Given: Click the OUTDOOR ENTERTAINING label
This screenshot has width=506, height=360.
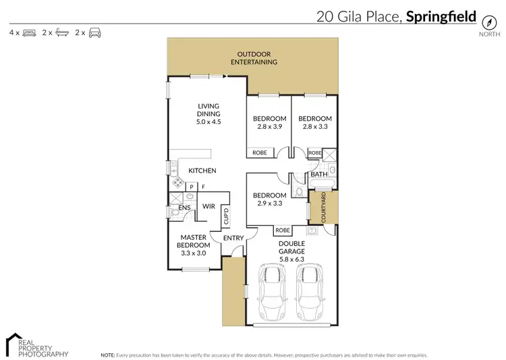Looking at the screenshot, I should tap(254, 57).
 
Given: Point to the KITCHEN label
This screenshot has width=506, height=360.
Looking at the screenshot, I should tap(202, 171).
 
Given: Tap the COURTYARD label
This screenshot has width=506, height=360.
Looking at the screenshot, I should tap(324, 208).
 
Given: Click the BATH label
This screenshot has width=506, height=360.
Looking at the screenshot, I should tap(319, 175).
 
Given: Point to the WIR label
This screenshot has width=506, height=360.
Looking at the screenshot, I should tap(208, 207).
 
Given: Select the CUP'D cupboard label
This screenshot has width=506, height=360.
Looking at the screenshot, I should tap(227, 216).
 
